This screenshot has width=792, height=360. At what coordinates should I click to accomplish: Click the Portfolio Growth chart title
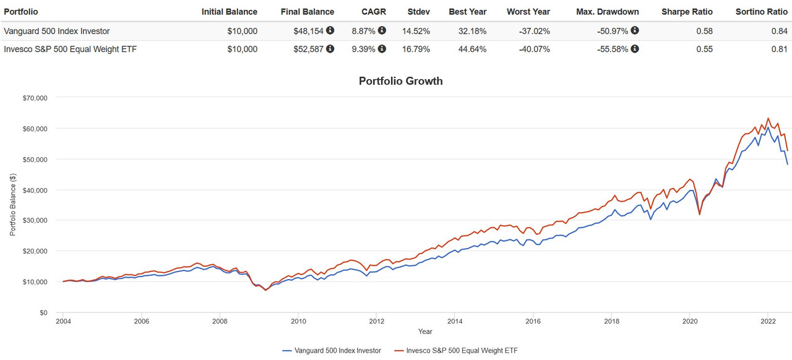(x=400, y=81)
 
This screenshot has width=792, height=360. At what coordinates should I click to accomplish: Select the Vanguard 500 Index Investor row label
(x=57, y=31)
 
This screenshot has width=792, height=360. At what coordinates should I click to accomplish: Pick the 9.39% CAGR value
(x=364, y=49)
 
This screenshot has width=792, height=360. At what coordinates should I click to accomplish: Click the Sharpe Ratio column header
(x=687, y=12)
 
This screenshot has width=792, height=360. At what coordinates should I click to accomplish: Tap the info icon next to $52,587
(x=330, y=49)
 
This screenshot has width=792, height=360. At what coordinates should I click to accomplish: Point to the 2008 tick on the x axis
(x=220, y=322)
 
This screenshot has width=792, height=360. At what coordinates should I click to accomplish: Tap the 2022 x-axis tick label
(x=768, y=322)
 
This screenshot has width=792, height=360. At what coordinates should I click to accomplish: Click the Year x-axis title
(x=425, y=332)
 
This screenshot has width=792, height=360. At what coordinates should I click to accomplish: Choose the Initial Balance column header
(x=229, y=12)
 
